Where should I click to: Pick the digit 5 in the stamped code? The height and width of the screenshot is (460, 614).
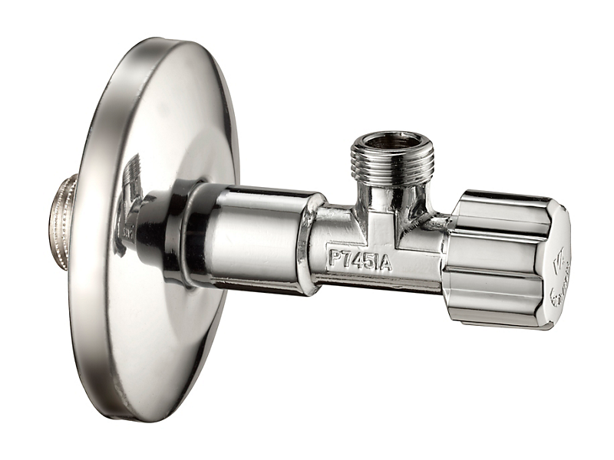(x=367, y=261)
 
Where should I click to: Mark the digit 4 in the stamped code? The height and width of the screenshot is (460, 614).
(x=356, y=260)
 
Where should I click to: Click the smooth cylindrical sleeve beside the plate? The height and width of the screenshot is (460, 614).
(x=253, y=238)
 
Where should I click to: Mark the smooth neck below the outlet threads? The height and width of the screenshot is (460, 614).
(x=391, y=199)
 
